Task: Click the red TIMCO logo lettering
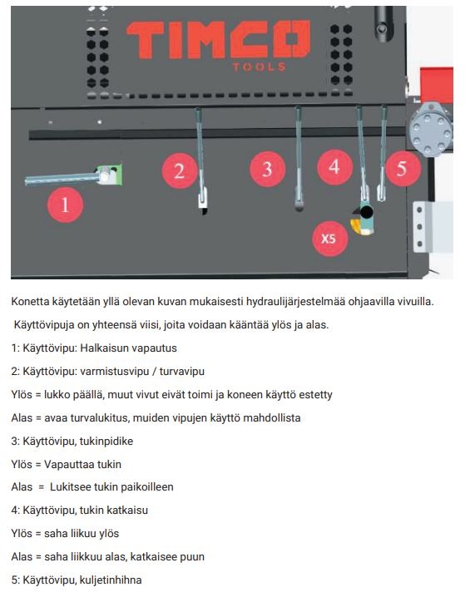pos(219,40)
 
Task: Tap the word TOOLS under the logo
pos(260,67)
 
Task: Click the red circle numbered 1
pos(66,205)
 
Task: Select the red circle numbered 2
pos(180,171)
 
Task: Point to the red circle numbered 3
pos(268,169)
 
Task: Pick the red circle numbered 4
pos(334,167)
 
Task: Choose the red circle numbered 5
pos(402,169)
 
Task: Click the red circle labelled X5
pos(330,239)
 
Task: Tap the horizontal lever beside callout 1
pos(62,178)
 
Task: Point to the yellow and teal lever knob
pos(364,220)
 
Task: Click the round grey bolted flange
pos(431,130)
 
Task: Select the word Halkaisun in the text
pos(104,348)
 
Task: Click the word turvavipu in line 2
pos(181,372)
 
